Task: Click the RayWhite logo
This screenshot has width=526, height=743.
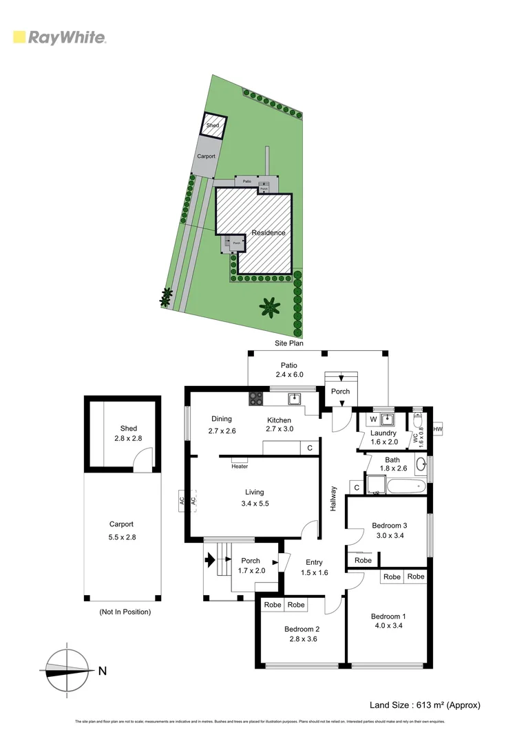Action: click(x=60, y=37)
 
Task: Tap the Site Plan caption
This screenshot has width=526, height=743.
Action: click(x=286, y=343)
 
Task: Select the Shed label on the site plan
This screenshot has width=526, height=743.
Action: click(x=213, y=126)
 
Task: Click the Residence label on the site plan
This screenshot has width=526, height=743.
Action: click(x=268, y=233)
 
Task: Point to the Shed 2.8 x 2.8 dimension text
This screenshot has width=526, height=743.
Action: click(x=129, y=438)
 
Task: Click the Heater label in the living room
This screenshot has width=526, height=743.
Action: click(x=240, y=466)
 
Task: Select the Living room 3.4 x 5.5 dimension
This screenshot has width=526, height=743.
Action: click(x=255, y=503)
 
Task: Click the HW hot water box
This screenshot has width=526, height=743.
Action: click(x=436, y=430)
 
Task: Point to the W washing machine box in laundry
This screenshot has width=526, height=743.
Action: click(x=372, y=419)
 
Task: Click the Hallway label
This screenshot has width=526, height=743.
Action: click(x=333, y=498)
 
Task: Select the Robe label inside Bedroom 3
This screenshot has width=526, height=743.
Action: click(x=363, y=561)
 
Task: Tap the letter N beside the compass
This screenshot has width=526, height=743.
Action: click(x=103, y=671)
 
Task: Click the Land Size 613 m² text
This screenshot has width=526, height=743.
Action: click(x=425, y=704)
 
